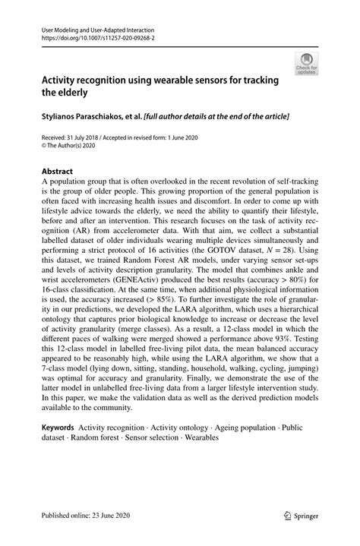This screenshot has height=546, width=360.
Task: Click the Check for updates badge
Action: (308, 63)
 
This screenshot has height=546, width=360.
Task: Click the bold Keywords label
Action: (57, 428)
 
